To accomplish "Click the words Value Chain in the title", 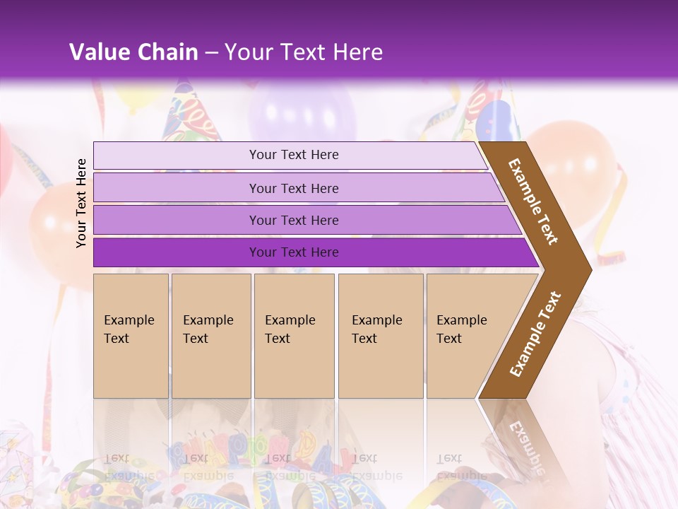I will pos(133,52).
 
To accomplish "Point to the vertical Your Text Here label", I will pos(82,203).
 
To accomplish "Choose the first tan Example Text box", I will pos(131,336).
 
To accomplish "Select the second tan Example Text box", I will pos(211,336).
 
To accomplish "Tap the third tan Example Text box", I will pos(294,336).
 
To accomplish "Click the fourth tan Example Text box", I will pos(381,336).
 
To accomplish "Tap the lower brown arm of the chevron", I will pos(535,334).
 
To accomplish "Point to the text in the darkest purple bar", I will pos(294,252).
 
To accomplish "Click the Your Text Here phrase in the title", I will pos(304,52).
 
